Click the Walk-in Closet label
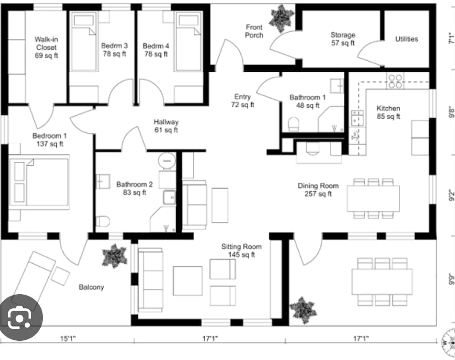tap(46, 48)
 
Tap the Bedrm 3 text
tap(114, 50)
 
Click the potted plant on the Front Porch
tap(281, 18)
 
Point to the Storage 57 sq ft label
tap(343, 39)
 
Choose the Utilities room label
tap(406, 39)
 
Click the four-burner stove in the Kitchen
tap(395, 81)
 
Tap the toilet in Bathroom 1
tap(293, 124)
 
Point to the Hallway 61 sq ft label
tap(166, 126)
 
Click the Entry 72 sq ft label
tap(242, 101)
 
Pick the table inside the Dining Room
tap(373, 198)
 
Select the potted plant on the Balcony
tap(114, 255)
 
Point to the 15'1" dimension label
tap(68, 339)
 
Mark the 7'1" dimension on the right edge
tap(450, 37)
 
